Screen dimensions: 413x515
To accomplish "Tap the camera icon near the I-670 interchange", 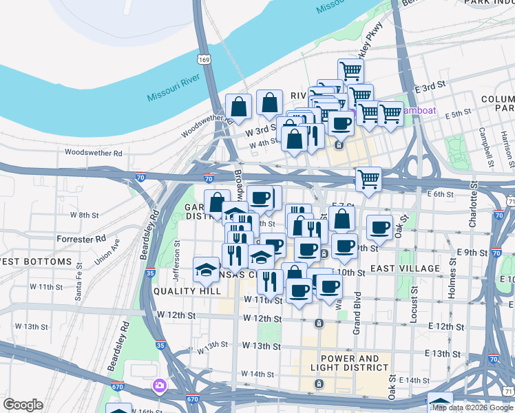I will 160,385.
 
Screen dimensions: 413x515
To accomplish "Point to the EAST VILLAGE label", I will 404,268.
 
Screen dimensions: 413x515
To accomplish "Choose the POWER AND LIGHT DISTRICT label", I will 349,363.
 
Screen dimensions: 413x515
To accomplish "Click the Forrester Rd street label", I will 82,239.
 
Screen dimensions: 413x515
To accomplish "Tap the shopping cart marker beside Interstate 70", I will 368,179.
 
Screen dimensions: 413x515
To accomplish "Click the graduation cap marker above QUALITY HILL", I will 206,269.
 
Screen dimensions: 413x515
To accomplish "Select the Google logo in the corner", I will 23,405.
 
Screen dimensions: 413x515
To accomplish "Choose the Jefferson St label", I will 177,253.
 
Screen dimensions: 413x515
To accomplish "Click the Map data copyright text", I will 472,408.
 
